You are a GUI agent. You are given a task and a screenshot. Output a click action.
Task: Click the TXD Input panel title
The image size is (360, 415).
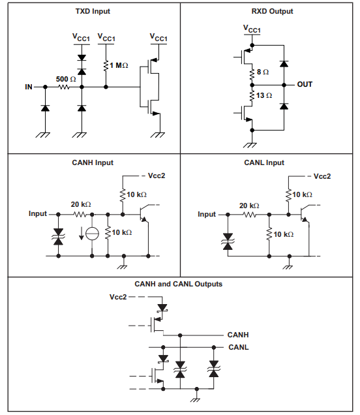(92, 11)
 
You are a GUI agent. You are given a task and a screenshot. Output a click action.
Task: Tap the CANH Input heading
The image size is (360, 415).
(92, 162)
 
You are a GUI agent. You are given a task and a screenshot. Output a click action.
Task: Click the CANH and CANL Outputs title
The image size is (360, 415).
(178, 284)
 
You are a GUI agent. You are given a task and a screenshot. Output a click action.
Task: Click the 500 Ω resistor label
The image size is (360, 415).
(66, 78)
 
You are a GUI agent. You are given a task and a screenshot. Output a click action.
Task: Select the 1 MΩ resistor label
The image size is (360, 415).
(119, 65)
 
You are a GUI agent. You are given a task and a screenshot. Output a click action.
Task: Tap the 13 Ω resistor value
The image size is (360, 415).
(263, 96)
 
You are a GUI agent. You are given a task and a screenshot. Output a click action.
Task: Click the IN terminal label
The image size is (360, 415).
(29, 87)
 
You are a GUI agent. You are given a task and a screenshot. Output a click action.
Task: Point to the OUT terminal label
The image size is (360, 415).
(305, 84)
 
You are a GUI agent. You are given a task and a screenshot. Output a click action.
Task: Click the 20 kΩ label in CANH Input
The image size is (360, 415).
(81, 204)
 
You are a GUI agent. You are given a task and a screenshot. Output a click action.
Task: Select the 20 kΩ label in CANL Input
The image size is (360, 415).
(249, 206)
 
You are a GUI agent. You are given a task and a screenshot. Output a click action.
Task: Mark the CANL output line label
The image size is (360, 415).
(238, 347)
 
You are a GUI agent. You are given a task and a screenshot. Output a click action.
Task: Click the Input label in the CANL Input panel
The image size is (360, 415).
(206, 214)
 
